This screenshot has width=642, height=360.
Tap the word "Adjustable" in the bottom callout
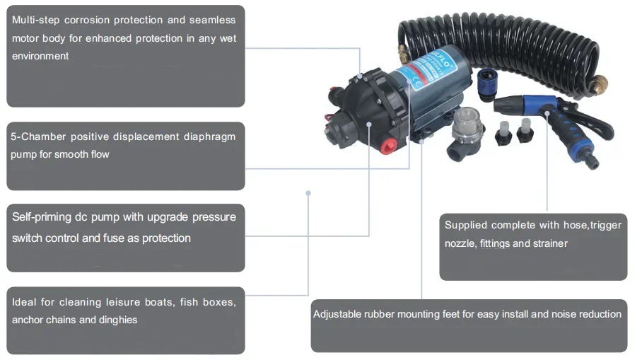click(x=337, y=313)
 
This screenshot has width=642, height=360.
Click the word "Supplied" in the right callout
click(x=465, y=225)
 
